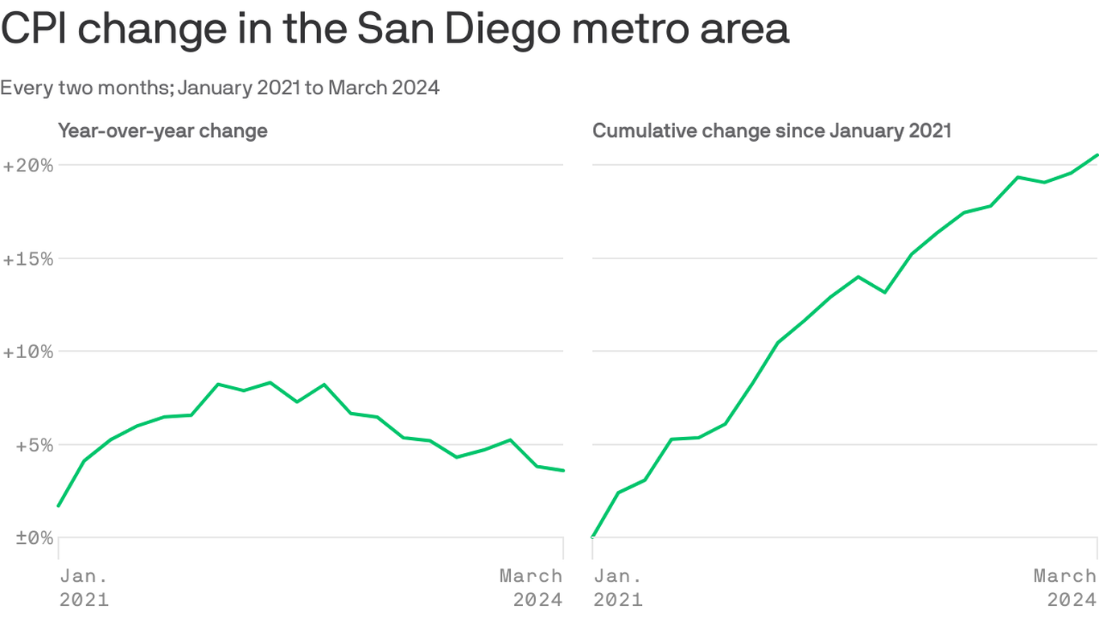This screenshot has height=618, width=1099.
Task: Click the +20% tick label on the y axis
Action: pyautogui.click(x=28, y=166)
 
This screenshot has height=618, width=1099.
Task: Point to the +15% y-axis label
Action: pyautogui.click(x=28, y=259)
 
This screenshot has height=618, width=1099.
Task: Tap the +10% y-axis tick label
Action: pyautogui.click(x=28, y=352)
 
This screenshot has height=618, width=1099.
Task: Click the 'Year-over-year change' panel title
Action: pyautogui.click(x=163, y=130)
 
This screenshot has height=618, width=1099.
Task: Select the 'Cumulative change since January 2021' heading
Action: pyautogui.click(x=772, y=130)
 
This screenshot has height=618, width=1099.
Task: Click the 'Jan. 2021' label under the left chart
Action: pyautogui.click(x=84, y=587)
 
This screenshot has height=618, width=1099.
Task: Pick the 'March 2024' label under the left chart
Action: pyautogui.click(x=532, y=587)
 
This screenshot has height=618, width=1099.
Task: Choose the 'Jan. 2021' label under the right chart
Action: pyautogui.click(x=618, y=587)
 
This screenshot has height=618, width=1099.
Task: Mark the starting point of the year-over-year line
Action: pyautogui.click(x=59, y=506)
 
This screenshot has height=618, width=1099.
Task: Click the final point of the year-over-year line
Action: pyautogui.click(x=562, y=471)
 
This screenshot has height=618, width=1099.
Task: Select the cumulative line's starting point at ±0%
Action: pyautogui.click(x=594, y=537)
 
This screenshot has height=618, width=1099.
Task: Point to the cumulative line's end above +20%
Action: pyautogui.click(x=1097, y=155)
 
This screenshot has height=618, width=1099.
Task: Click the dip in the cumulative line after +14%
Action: pyautogui.click(x=885, y=292)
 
